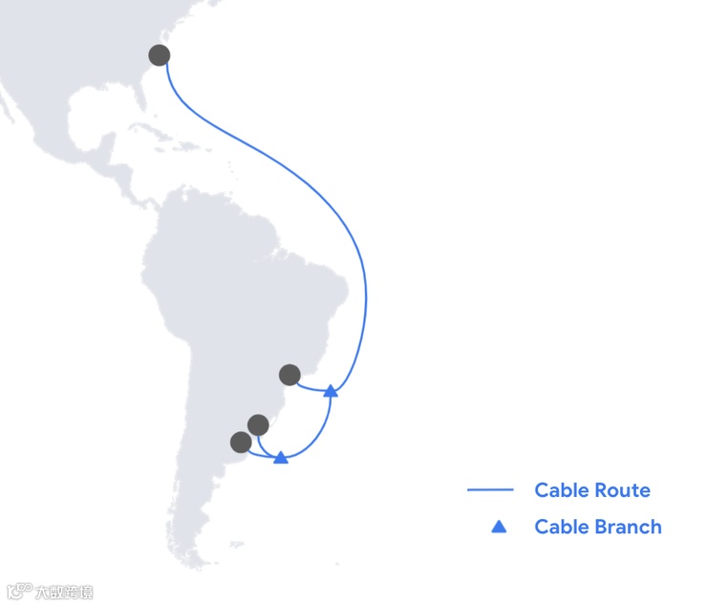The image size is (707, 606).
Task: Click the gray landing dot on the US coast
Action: (160, 54)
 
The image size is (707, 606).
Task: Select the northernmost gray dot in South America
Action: (289, 374)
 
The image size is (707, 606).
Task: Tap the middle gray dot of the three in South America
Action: (258, 424)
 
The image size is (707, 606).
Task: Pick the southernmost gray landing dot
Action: (241, 442)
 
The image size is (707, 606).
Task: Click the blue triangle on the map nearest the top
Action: (331, 391)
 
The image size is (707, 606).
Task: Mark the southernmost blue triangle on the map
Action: (281, 458)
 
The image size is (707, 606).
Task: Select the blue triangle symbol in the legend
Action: (498, 527)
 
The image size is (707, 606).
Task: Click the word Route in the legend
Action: (621, 490)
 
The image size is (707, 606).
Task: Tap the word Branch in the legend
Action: (627, 527)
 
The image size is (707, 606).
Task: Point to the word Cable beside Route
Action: (561, 490)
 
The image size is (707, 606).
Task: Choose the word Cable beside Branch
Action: (561, 527)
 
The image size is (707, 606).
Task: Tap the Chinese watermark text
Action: (64, 593)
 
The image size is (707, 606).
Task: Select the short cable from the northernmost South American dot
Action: (310, 387)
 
